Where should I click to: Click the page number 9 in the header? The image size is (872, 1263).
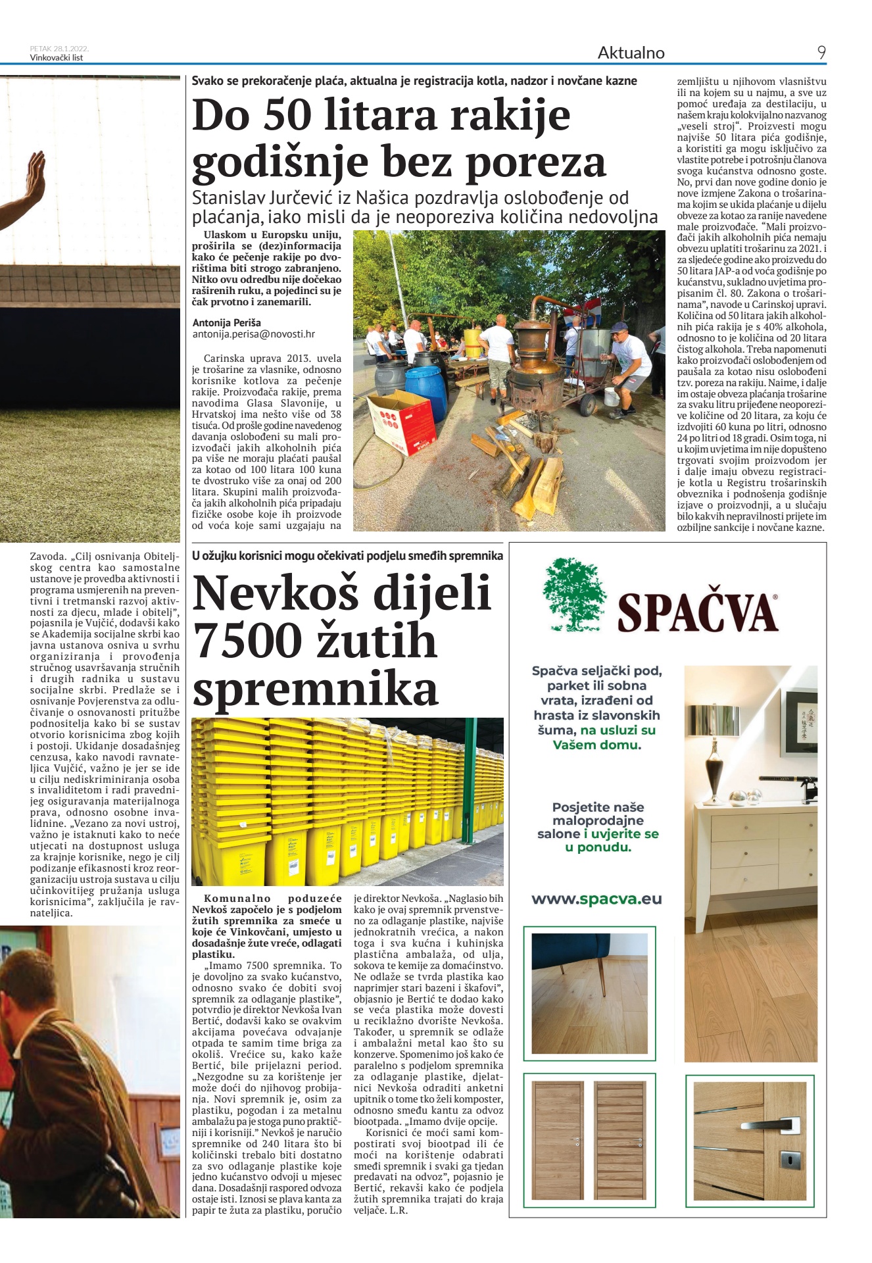[x=821, y=53]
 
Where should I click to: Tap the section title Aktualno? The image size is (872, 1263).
[x=631, y=53]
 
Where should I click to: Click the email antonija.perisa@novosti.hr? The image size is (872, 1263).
[x=253, y=334]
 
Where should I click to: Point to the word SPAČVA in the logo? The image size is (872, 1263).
[x=698, y=612]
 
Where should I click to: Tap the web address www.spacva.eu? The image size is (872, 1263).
[x=596, y=899]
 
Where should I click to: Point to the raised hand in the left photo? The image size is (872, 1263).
[x=33, y=177]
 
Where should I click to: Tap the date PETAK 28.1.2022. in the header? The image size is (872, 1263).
[x=59, y=49]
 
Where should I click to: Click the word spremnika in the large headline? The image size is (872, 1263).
[x=315, y=689]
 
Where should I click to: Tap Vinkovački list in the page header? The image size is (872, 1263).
[x=56, y=58]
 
